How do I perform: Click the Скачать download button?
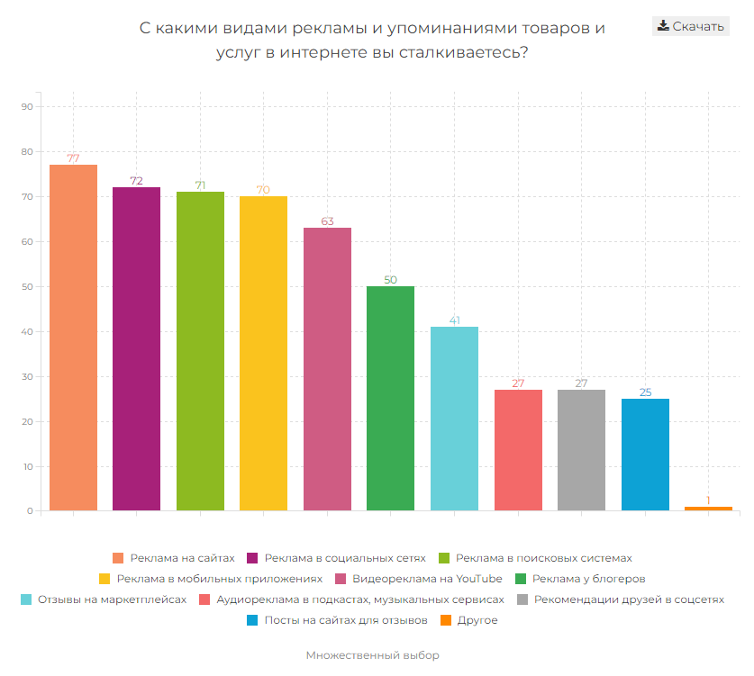690,26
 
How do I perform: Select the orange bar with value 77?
73,338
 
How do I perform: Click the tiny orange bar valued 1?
708,509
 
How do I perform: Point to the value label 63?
327,221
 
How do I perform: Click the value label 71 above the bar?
200,185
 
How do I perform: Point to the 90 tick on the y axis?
26,107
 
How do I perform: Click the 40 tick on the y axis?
26,332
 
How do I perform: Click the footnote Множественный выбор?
372,655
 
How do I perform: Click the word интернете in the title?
323,53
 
